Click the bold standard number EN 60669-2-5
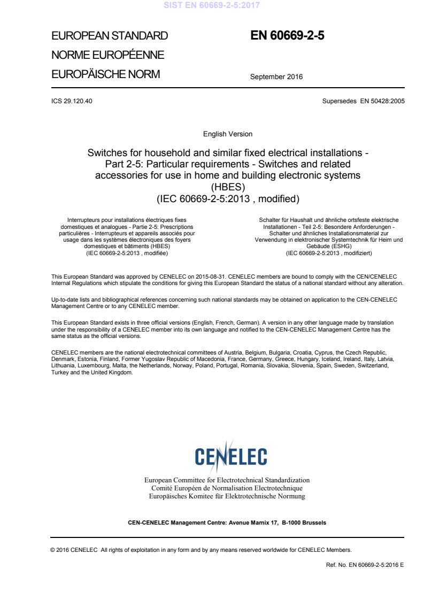click(x=287, y=36)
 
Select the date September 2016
click(x=276, y=76)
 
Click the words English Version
click(x=228, y=134)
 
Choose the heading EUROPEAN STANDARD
click(x=109, y=36)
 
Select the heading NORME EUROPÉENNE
click(x=107, y=55)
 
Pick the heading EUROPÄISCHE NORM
click(x=105, y=74)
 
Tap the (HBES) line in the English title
click(x=228, y=187)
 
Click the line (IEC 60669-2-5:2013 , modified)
click(x=228, y=199)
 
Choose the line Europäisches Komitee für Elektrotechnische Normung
click(x=227, y=496)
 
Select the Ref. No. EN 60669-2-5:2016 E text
click(x=365, y=565)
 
